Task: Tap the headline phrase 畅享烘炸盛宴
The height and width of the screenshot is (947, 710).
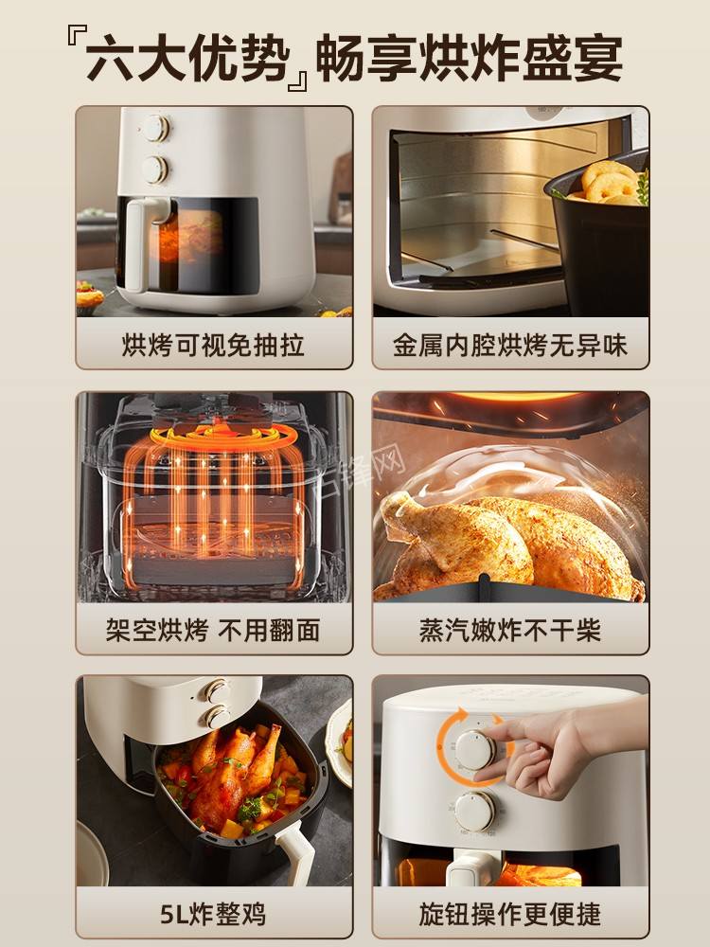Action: click(469, 59)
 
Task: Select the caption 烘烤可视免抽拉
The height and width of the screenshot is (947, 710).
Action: click(214, 345)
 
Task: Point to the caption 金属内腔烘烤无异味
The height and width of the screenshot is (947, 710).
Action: click(510, 345)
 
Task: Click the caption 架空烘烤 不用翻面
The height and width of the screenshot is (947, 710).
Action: click(214, 630)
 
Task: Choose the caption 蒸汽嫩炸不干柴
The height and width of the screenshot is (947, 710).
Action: click(510, 630)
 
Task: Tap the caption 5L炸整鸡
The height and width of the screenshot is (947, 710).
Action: click(214, 915)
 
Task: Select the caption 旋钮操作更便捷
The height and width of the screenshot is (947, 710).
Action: click(510, 915)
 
